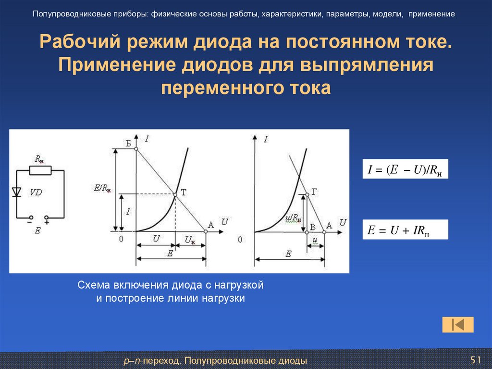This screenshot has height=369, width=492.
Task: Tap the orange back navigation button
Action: click(x=457, y=325)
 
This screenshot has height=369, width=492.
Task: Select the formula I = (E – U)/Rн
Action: click(x=405, y=169)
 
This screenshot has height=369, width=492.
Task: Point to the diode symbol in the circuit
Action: click(x=17, y=192)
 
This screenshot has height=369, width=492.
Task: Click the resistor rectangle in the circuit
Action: click(x=40, y=170)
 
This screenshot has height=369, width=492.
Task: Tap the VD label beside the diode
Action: click(x=36, y=192)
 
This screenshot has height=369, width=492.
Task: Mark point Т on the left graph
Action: click(x=174, y=194)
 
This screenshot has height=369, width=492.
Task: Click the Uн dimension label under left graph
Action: click(x=190, y=240)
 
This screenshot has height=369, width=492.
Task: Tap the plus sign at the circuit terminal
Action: click(x=47, y=222)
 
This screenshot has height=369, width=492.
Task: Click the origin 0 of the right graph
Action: click(x=240, y=240)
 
